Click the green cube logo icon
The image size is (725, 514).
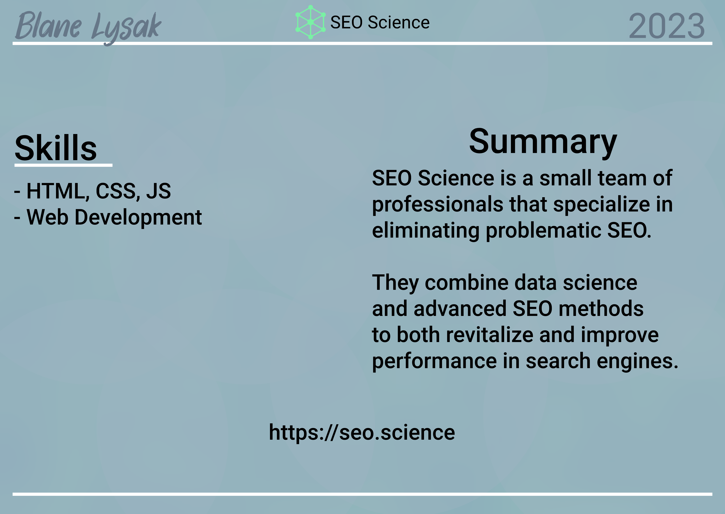pos(310,22)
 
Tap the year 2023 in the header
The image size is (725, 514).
pos(667,26)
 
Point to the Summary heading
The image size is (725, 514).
pos(543,142)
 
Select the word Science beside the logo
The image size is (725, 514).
pos(399,23)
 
